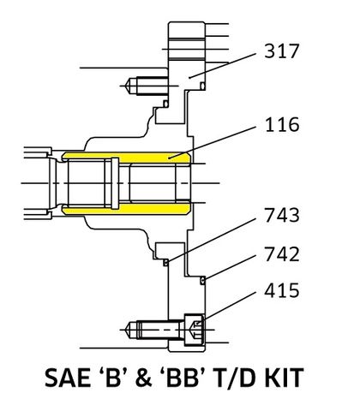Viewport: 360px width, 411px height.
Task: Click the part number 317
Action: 283,51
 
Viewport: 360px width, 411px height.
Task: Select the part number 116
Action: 283,126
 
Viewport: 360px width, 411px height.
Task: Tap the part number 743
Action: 283,216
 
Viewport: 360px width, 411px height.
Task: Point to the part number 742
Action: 283,254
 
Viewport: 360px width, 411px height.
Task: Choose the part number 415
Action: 283,292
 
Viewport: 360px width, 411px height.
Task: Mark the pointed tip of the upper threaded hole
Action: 128,85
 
